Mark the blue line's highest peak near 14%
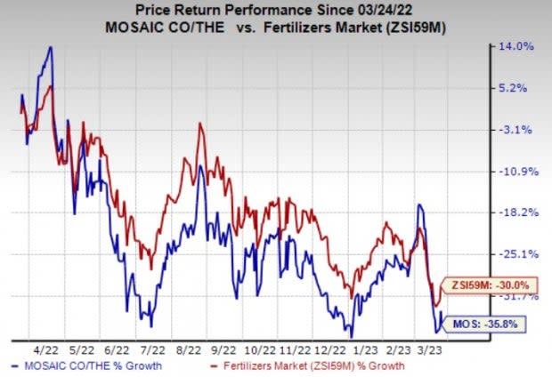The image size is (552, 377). (50, 46)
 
